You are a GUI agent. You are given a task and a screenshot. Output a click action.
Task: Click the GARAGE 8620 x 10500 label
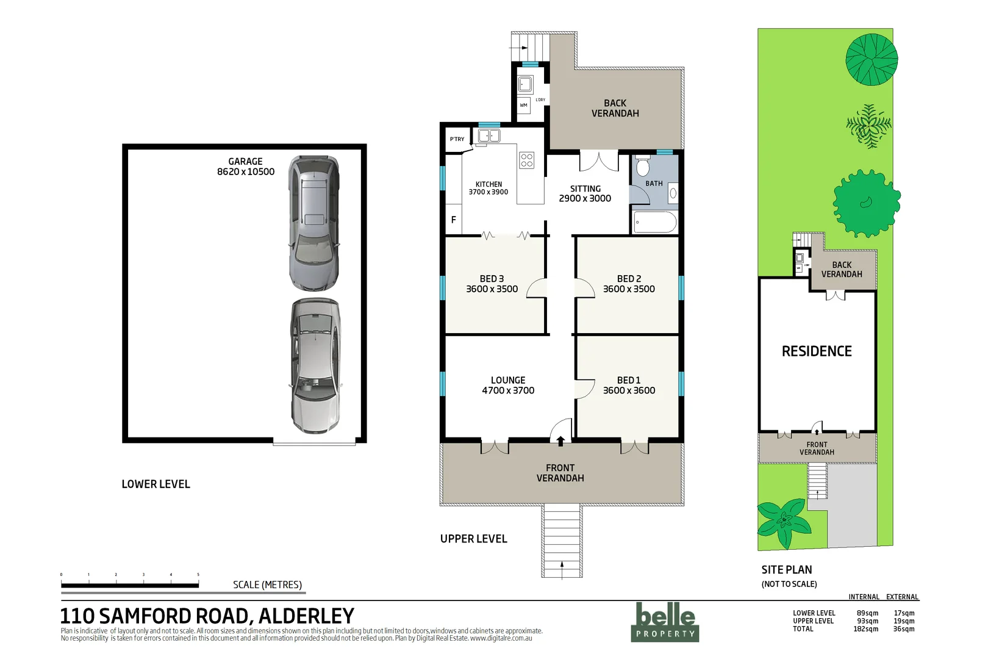[245, 167]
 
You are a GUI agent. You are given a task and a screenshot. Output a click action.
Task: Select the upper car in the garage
[313, 223]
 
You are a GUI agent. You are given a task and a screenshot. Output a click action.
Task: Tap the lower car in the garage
[315, 366]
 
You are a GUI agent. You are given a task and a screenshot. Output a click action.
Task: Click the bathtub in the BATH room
[654, 222]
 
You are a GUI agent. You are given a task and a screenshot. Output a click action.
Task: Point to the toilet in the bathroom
[643, 166]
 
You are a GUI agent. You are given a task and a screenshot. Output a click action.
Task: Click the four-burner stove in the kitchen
[527, 160]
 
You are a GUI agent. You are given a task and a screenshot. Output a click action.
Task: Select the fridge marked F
[453, 220]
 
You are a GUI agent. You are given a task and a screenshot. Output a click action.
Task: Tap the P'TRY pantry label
[457, 139]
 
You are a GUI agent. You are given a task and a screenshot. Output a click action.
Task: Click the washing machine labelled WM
[523, 106]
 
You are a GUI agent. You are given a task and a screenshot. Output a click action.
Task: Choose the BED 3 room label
[492, 284]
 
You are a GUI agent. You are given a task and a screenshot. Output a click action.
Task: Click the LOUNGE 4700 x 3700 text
[508, 385]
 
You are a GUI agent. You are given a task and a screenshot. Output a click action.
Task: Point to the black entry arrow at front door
[560, 441]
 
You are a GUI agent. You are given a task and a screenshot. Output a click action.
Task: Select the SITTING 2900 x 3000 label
[585, 193]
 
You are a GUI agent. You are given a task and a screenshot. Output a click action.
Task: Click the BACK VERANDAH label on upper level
[615, 108]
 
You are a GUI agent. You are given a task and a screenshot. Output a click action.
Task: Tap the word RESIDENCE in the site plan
[817, 351]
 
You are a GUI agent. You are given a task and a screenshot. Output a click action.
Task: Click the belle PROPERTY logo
[665, 622]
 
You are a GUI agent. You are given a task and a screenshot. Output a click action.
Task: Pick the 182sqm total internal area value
[865, 629]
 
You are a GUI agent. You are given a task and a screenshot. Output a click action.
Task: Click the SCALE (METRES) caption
[267, 585]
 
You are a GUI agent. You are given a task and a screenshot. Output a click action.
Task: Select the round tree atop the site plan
[871, 59]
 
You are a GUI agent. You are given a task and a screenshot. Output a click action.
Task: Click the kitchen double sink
[489, 135]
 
